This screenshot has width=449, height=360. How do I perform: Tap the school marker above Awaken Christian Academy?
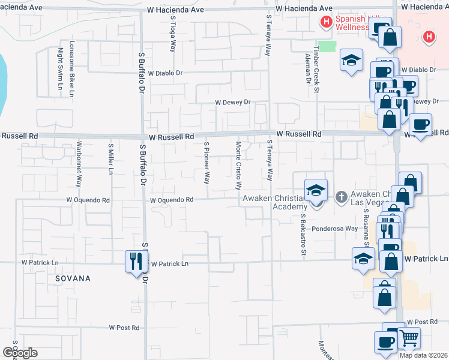pyautogui.click(x=316, y=191)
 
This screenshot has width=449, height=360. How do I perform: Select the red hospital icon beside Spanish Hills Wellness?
pyautogui.click(x=327, y=23)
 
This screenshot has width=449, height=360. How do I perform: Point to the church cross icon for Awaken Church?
pyautogui.click(x=341, y=196)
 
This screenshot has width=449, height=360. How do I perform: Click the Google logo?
pyautogui.click(x=19, y=352)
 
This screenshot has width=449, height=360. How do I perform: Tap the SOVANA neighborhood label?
pyautogui.click(x=73, y=278)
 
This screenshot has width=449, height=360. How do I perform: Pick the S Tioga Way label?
pyautogui.click(x=172, y=34)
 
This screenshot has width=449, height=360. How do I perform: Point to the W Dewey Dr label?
pyautogui.click(x=232, y=103)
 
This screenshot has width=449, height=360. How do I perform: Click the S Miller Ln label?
pyautogui.click(x=110, y=159)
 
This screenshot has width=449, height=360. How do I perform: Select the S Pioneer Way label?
pyautogui.click(x=206, y=163)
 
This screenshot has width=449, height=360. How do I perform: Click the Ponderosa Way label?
pyautogui.click(x=334, y=229)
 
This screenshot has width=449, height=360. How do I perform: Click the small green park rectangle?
pyautogui.click(x=327, y=46)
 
